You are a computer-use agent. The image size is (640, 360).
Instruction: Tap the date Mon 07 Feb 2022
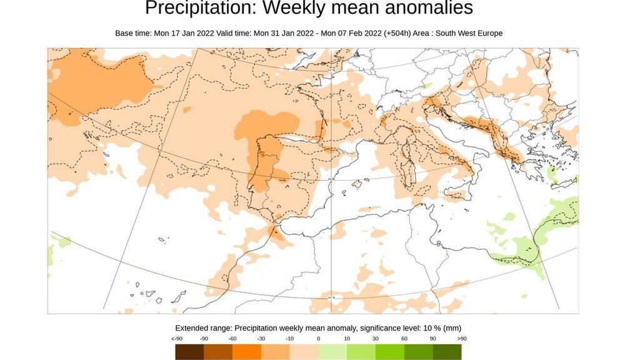click(x=349, y=33)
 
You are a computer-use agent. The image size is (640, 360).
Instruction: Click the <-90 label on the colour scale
click(x=177, y=339)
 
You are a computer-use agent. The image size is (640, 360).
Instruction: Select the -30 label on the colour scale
click(x=262, y=339)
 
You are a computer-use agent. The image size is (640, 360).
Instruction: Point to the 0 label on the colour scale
click(x=319, y=339)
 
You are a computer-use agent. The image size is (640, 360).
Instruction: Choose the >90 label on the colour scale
click(x=461, y=339)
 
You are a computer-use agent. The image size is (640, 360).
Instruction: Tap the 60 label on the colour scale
click(x=404, y=339)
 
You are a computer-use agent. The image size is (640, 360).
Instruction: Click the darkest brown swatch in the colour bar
click(x=189, y=352)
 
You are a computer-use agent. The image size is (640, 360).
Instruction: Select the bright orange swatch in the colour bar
click(x=246, y=352)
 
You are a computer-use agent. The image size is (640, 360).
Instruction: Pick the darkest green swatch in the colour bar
click(x=447, y=352)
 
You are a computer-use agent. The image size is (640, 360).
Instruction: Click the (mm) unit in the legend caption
click(x=452, y=328)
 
